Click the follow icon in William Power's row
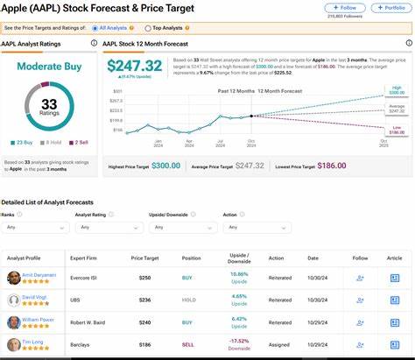(x=359, y=323)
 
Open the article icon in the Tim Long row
(x=394, y=345)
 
